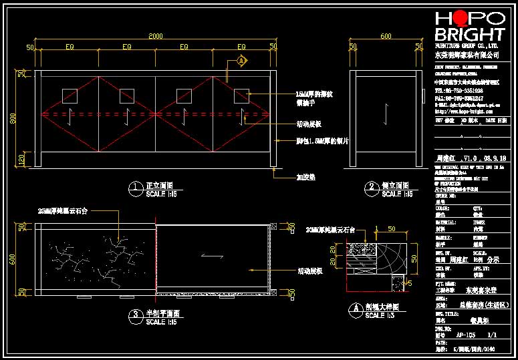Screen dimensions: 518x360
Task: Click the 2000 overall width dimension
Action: click(x=155, y=35)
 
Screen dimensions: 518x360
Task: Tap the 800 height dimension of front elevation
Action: click(x=22, y=118)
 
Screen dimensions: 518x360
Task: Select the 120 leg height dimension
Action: click(x=22, y=160)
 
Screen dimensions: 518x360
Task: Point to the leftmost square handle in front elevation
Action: click(x=70, y=96)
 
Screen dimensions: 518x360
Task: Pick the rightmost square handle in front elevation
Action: click(x=241, y=96)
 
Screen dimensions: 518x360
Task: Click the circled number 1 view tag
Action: click(x=136, y=186)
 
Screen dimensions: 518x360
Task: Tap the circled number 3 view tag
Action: click(x=136, y=314)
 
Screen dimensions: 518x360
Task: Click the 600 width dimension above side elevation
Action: click(x=386, y=36)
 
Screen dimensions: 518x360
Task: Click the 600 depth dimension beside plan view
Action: click(x=22, y=258)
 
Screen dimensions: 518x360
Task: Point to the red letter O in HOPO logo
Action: click(x=457, y=19)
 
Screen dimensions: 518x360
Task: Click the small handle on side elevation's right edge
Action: click(x=424, y=94)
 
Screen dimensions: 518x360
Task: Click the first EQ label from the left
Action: click(x=70, y=47)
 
